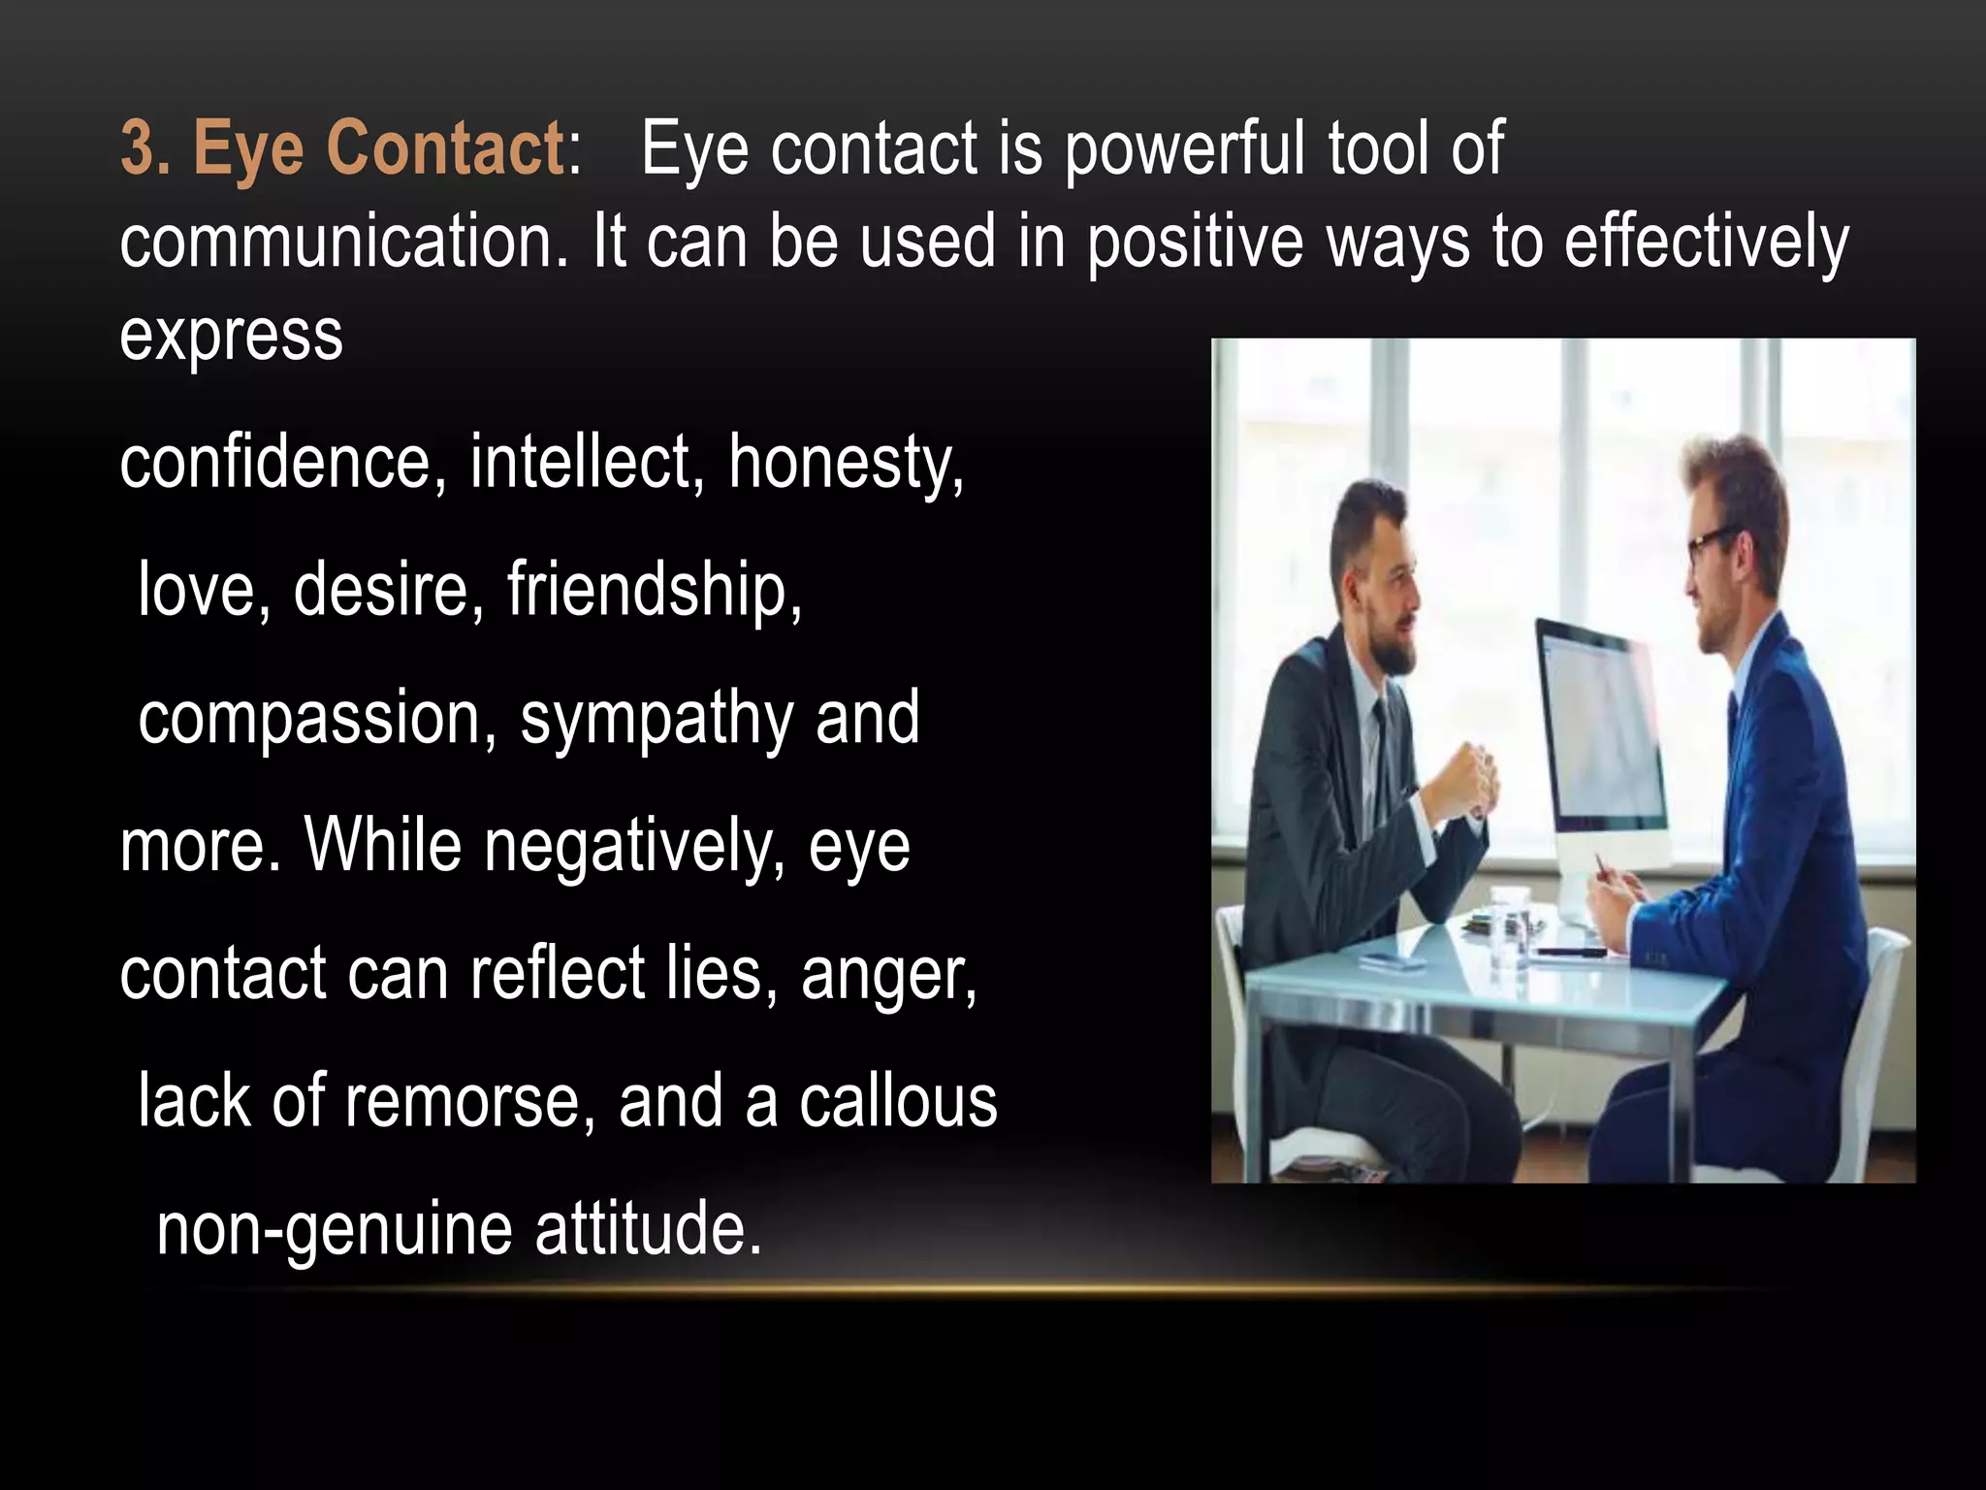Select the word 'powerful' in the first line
tap(1184, 150)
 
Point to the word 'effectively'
tap(1706, 243)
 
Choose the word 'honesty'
tap(845, 463)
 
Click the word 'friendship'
tap(654, 590)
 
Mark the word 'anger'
tap(887, 975)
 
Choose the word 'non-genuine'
tap(334, 1230)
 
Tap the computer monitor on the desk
tap(1600, 737)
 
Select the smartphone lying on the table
tap(1392, 961)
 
